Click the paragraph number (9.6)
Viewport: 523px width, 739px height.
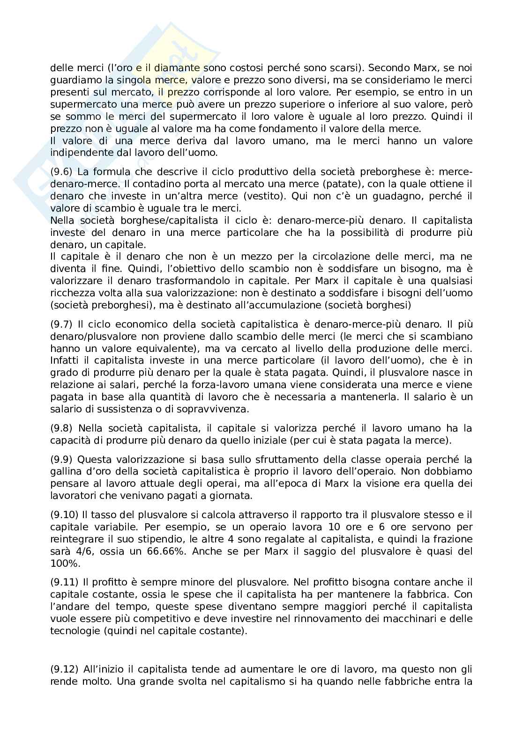click(x=62, y=172)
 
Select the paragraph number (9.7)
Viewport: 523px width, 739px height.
click(x=62, y=324)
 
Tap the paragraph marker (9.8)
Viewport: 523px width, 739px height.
click(x=62, y=428)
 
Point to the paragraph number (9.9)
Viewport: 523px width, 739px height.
click(x=62, y=459)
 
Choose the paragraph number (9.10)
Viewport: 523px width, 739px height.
click(x=64, y=515)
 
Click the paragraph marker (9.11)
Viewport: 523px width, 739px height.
click(x=64, y=582)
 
